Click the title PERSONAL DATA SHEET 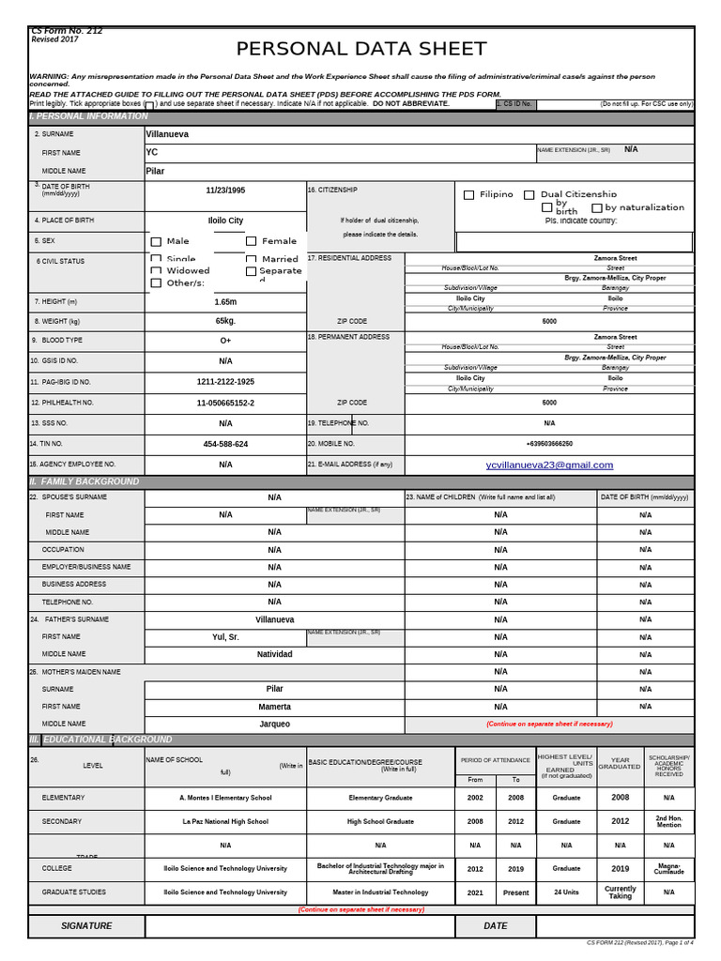(x=361, y=49)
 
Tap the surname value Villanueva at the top (x=167, y=134)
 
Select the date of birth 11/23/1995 (x=225, y=190)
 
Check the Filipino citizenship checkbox (x=469, y=195)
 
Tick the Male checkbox (x=156, y=242)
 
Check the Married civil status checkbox (x=252, y=259)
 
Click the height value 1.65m (x=225, y=302)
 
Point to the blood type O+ (x=225, y=341)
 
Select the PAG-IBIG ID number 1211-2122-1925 (x=225, y=382)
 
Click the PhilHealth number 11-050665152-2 (x=225, y=403)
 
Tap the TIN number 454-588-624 (x=225, y=444)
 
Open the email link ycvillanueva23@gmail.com (x=549, y=465)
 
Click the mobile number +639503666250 (x=549, y=444)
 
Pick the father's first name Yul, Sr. (x=225, y=636)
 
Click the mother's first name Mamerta (x=274, y=707)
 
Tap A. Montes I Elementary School (x=225, y=798)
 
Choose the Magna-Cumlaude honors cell (x=668, y=869)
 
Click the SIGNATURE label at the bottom (x=86, y=926)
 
